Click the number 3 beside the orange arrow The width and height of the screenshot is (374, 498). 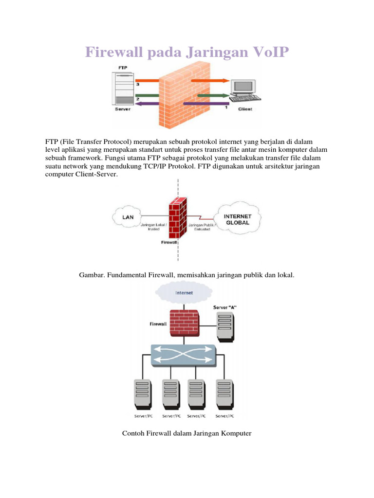point(138,85)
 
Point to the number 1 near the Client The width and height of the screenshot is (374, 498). point(225,107)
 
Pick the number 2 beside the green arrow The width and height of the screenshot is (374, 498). point(138,99)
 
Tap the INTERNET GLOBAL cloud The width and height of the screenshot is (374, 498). point(237,219)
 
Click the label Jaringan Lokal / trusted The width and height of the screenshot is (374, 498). point(153,227)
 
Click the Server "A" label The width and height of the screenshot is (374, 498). point(225,308)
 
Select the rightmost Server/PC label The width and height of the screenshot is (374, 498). point(224,417)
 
